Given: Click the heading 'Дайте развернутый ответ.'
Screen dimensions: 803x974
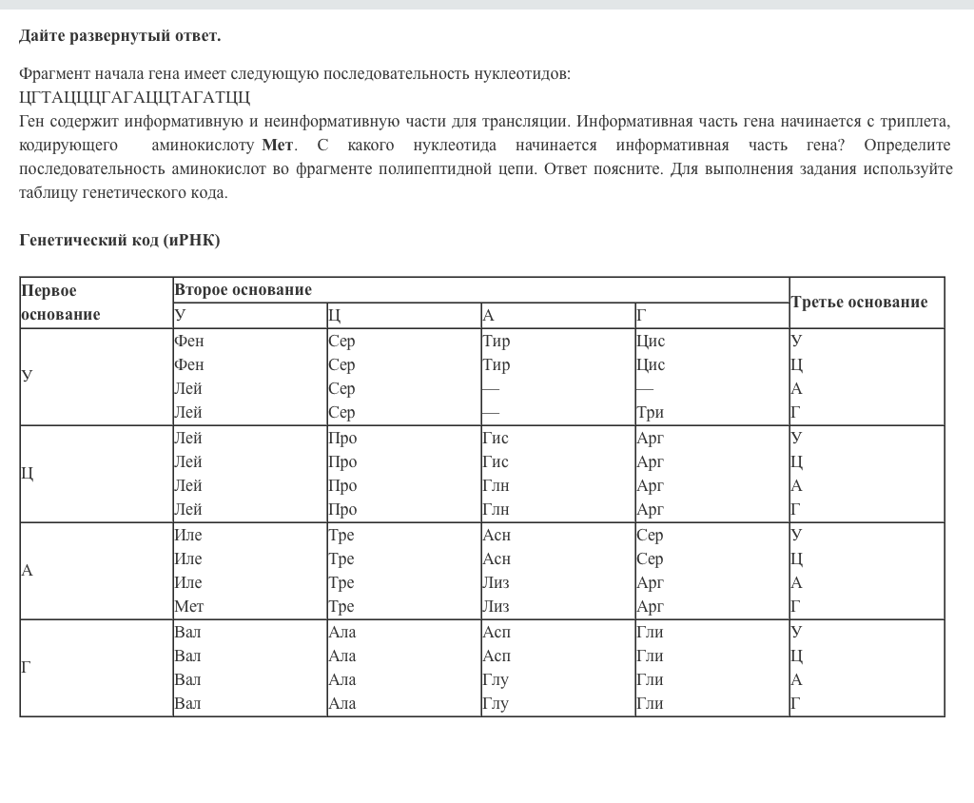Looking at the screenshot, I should [x=120, y=36].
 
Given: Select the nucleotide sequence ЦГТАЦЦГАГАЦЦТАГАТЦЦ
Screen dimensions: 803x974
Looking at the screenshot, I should [x=134, y=97].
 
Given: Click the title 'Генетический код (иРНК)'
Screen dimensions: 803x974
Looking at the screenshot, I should [x=120, y=240].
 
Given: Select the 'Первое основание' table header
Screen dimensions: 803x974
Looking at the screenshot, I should [x=61, y=302].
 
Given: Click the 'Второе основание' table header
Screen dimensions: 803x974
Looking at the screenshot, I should [x=243, y=289].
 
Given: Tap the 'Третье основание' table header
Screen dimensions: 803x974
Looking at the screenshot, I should [x=858, y=302].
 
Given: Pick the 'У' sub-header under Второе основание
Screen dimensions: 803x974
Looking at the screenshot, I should [x=181, y=316].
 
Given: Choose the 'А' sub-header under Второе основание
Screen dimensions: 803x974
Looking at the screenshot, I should [x=488, y=316].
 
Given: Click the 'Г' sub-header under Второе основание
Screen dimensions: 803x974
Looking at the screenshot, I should [x=641, y=316].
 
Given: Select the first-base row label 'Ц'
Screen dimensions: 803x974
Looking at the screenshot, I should [x=27, y=473].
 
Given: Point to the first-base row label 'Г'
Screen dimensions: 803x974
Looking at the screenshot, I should [x=26, y=667].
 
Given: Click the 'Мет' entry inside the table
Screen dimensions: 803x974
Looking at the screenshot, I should [x=188, y=606].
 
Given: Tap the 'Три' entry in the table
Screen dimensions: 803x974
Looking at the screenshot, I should [x=650, y=412].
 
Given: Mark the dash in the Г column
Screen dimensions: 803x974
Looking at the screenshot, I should [x=644, y=388].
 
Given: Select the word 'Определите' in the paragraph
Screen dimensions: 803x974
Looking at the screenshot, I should [x=907, y=145].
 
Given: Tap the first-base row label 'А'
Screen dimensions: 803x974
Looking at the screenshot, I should [x=27, y=570].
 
